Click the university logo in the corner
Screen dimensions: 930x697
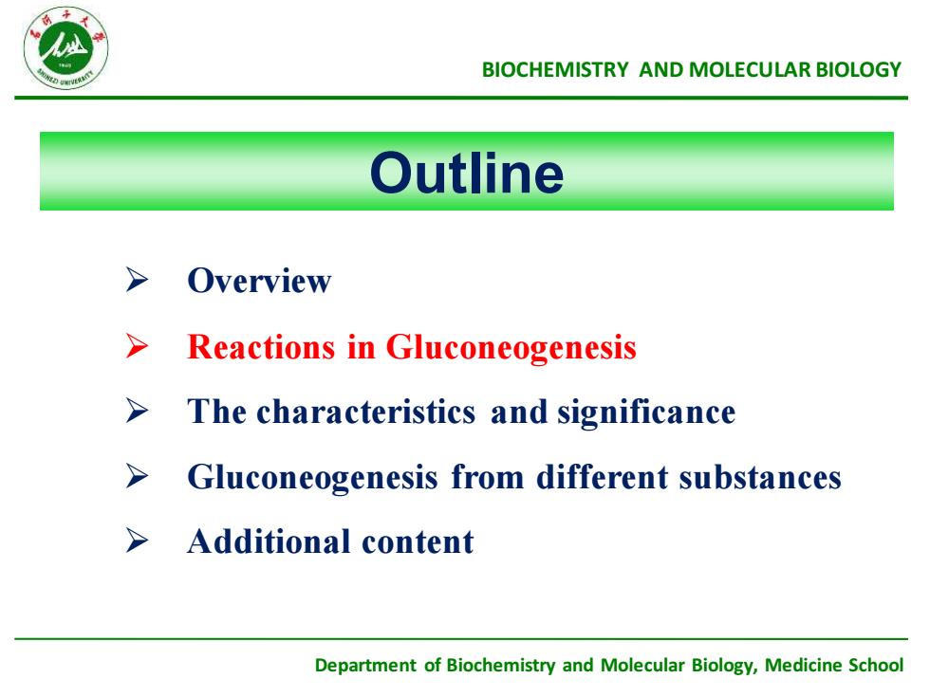pyautogui.click(x=65, y=48)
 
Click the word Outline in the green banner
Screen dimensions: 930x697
pyautogui.click(x=467, y=173)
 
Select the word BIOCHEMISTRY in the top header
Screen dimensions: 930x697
pyautogui.click(x=554, y=70)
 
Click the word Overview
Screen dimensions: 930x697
pyautogui.click(x=259, y=281)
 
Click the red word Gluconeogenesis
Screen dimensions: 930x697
pyautogui.click(x=511, y=348)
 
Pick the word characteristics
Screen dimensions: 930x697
pyautogui.click(x=366, y=412)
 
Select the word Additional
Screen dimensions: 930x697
pyautogui.click(x=269, y=541)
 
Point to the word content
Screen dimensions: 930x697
pyautogui.click(x=418, y=542)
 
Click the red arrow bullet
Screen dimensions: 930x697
pyautogui.click(x=137, y=345)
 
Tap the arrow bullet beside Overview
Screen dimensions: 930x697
pyautogui.click(x=137, y=280)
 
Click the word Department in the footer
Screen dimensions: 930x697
pyautogui.click(x=365, y=666)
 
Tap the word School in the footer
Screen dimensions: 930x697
pyautogui.click(x=876, y=665)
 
